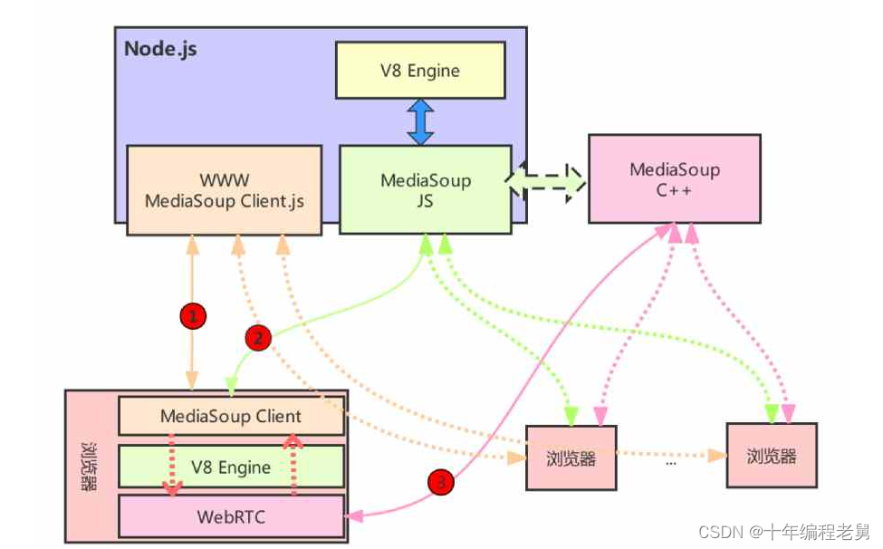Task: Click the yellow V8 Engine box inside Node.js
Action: click(x=420, y=71)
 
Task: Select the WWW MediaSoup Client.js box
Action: click(x=224, y=190)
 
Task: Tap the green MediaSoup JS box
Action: click(x=425, y=189)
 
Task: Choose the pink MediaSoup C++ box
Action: click(x=675, y=179)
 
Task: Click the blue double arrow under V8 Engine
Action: click(x=420, y=122)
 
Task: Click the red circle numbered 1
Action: click(x=193, y=316)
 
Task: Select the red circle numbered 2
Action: click(x=258, y=338)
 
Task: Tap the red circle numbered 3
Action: click(x=440, y=482)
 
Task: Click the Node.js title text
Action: click(x=160, y=49)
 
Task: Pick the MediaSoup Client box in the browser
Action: click(x=231, y=416)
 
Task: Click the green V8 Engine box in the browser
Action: click(x=231, y=467)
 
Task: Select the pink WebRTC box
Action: click(x=231, y=516)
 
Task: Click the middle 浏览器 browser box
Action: click(x=571, y=457)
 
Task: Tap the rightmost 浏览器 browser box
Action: click(x=772, y=456)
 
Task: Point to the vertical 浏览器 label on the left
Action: click(x=89, y=467)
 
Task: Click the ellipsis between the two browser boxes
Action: click(x=671, y=464)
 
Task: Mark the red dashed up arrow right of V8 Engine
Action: click(x=293, y=465)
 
